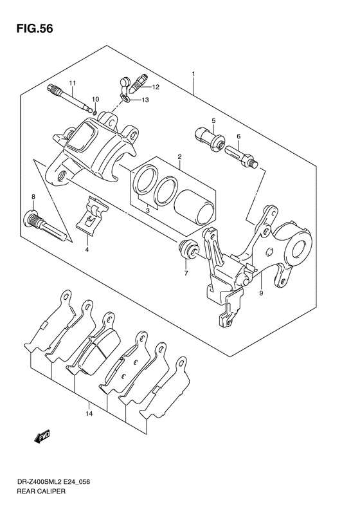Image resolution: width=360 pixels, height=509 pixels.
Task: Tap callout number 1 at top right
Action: pyautogui.click(x=194, y=75)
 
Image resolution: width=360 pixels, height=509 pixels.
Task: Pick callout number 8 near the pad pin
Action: pyautogui.click(x=33, y=196)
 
